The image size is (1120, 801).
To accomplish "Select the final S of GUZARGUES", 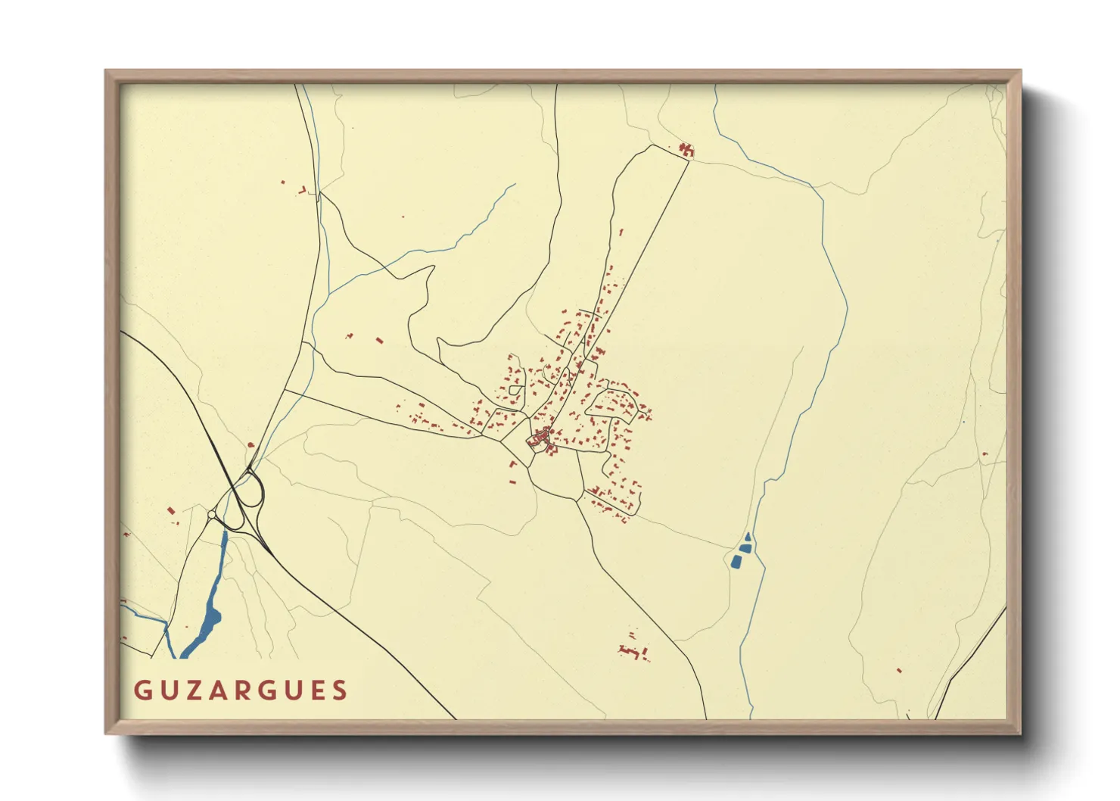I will coord(341,690).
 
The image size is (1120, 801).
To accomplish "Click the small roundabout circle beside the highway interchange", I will coord(211,515).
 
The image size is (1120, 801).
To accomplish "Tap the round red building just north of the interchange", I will coord(250,445).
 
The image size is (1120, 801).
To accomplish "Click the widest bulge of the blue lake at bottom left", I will coord(213,617).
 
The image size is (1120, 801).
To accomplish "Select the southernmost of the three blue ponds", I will coord(736,562).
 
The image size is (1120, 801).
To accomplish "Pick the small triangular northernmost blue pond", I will coord(748,537).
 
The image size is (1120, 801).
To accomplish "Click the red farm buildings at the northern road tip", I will coord(686,149).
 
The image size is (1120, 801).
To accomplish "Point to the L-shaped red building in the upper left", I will coord(303,189).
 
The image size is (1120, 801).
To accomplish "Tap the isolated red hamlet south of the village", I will coord(633,650).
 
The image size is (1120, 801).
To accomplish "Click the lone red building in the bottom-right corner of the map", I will coord(899,670).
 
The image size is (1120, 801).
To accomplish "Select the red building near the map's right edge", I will coord(985,454).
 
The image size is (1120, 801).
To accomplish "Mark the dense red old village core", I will coord(541,438).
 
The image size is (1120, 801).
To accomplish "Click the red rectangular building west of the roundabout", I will coord(170,511).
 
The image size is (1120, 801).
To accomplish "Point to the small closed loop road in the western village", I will coord(516,391).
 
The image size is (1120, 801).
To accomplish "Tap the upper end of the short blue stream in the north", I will coord(515,184).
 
